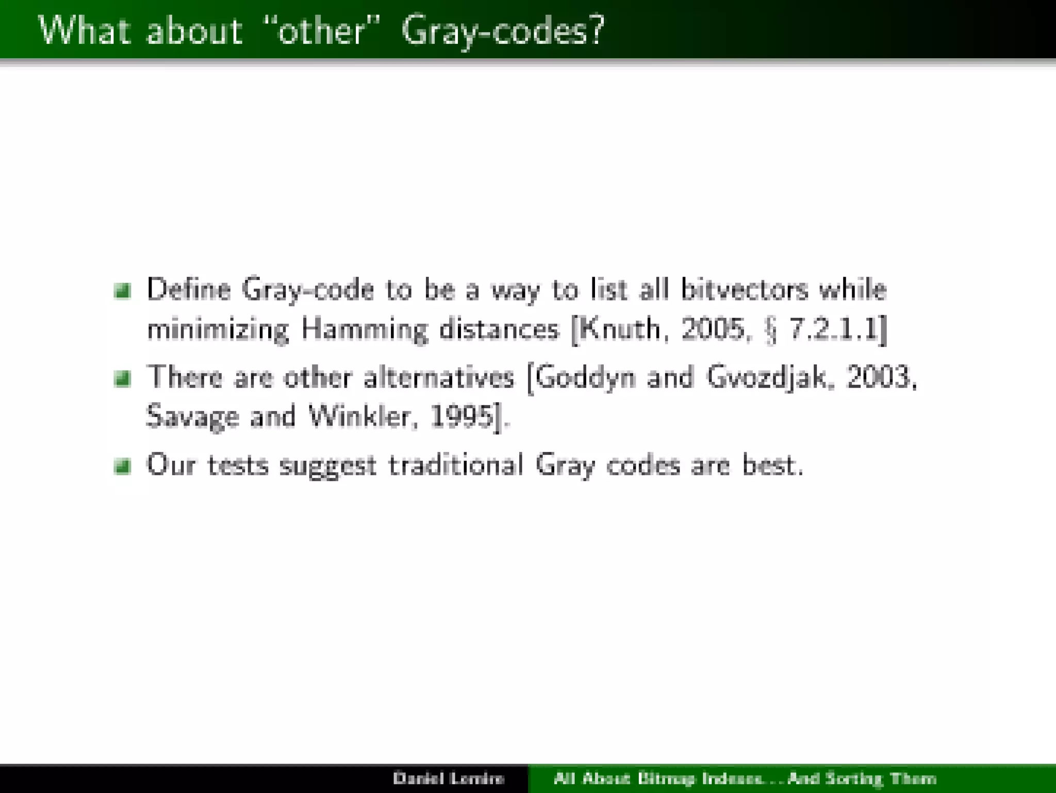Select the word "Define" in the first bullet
tap(189, 290)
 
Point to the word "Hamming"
tap(365, 330)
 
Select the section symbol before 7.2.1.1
tap(770, 331)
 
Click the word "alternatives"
tap(439, 377)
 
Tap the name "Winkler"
tap(360, 416)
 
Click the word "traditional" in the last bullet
tap(456, 465)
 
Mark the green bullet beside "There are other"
tap(123, 380)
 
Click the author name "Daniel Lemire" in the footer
tap(448, 778)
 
